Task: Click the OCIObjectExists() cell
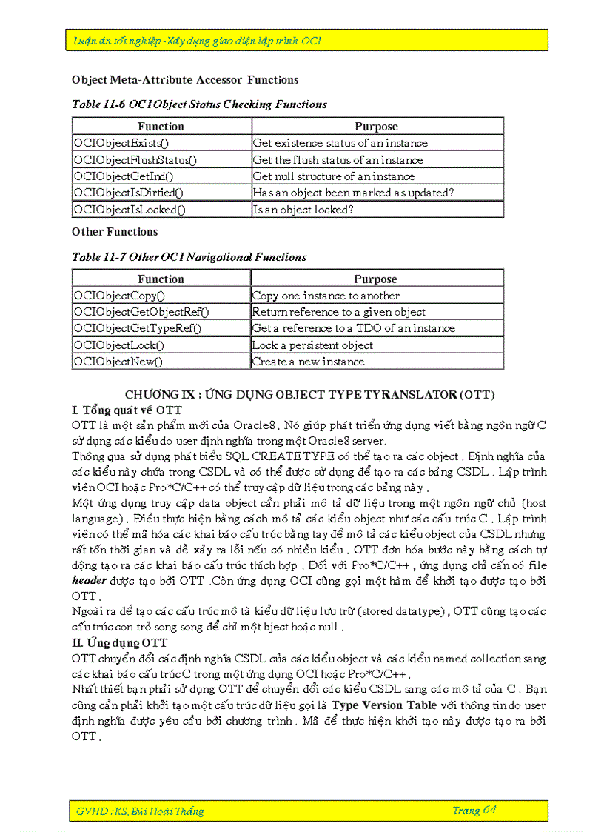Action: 161,143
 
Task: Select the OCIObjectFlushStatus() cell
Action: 161,160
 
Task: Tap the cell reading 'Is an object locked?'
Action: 377,210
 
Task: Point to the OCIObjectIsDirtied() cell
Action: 161,193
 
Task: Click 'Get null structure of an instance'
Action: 377,176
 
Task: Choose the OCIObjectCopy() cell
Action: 161,296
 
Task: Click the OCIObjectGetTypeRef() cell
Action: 161,328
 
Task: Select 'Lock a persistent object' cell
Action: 377,345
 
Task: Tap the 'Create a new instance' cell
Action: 377,362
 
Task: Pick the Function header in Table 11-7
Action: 161,279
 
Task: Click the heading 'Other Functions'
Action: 115,232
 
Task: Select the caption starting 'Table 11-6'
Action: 199,104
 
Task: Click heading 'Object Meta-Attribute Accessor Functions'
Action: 185,80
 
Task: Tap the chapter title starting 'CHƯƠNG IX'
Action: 309,394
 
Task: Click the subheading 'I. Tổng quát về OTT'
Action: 127,410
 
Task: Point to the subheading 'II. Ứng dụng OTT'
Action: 119,642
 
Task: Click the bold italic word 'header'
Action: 89,581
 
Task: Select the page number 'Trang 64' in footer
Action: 474,811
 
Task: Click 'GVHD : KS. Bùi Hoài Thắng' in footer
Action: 140,811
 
